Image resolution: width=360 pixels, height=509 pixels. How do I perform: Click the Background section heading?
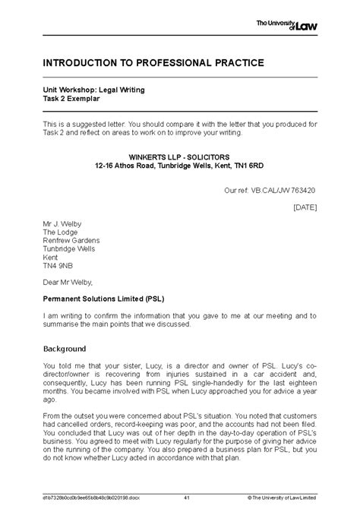coord(65,349)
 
